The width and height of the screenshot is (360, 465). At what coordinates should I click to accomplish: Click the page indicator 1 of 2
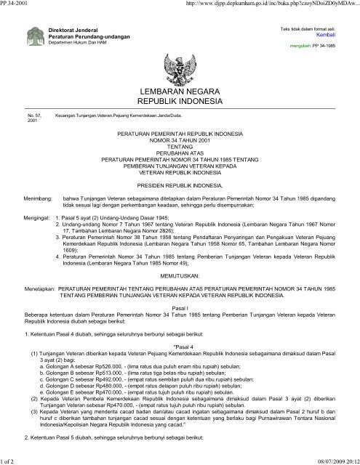[10, 459]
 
